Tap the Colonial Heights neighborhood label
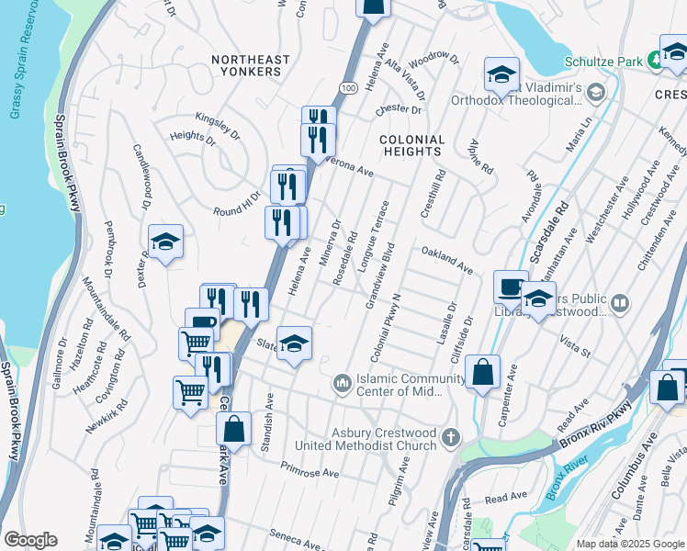coord(411,147)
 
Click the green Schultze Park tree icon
coord(653,61)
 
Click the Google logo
coord(30,540)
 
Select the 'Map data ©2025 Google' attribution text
coord(629,544)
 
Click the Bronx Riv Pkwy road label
coord(595,423)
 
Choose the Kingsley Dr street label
coord(217,126)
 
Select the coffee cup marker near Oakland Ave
coord(510,287)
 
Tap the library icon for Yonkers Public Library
coord(621,303)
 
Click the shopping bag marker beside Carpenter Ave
coord(482,373)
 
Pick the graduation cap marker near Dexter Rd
coord(165,242)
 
